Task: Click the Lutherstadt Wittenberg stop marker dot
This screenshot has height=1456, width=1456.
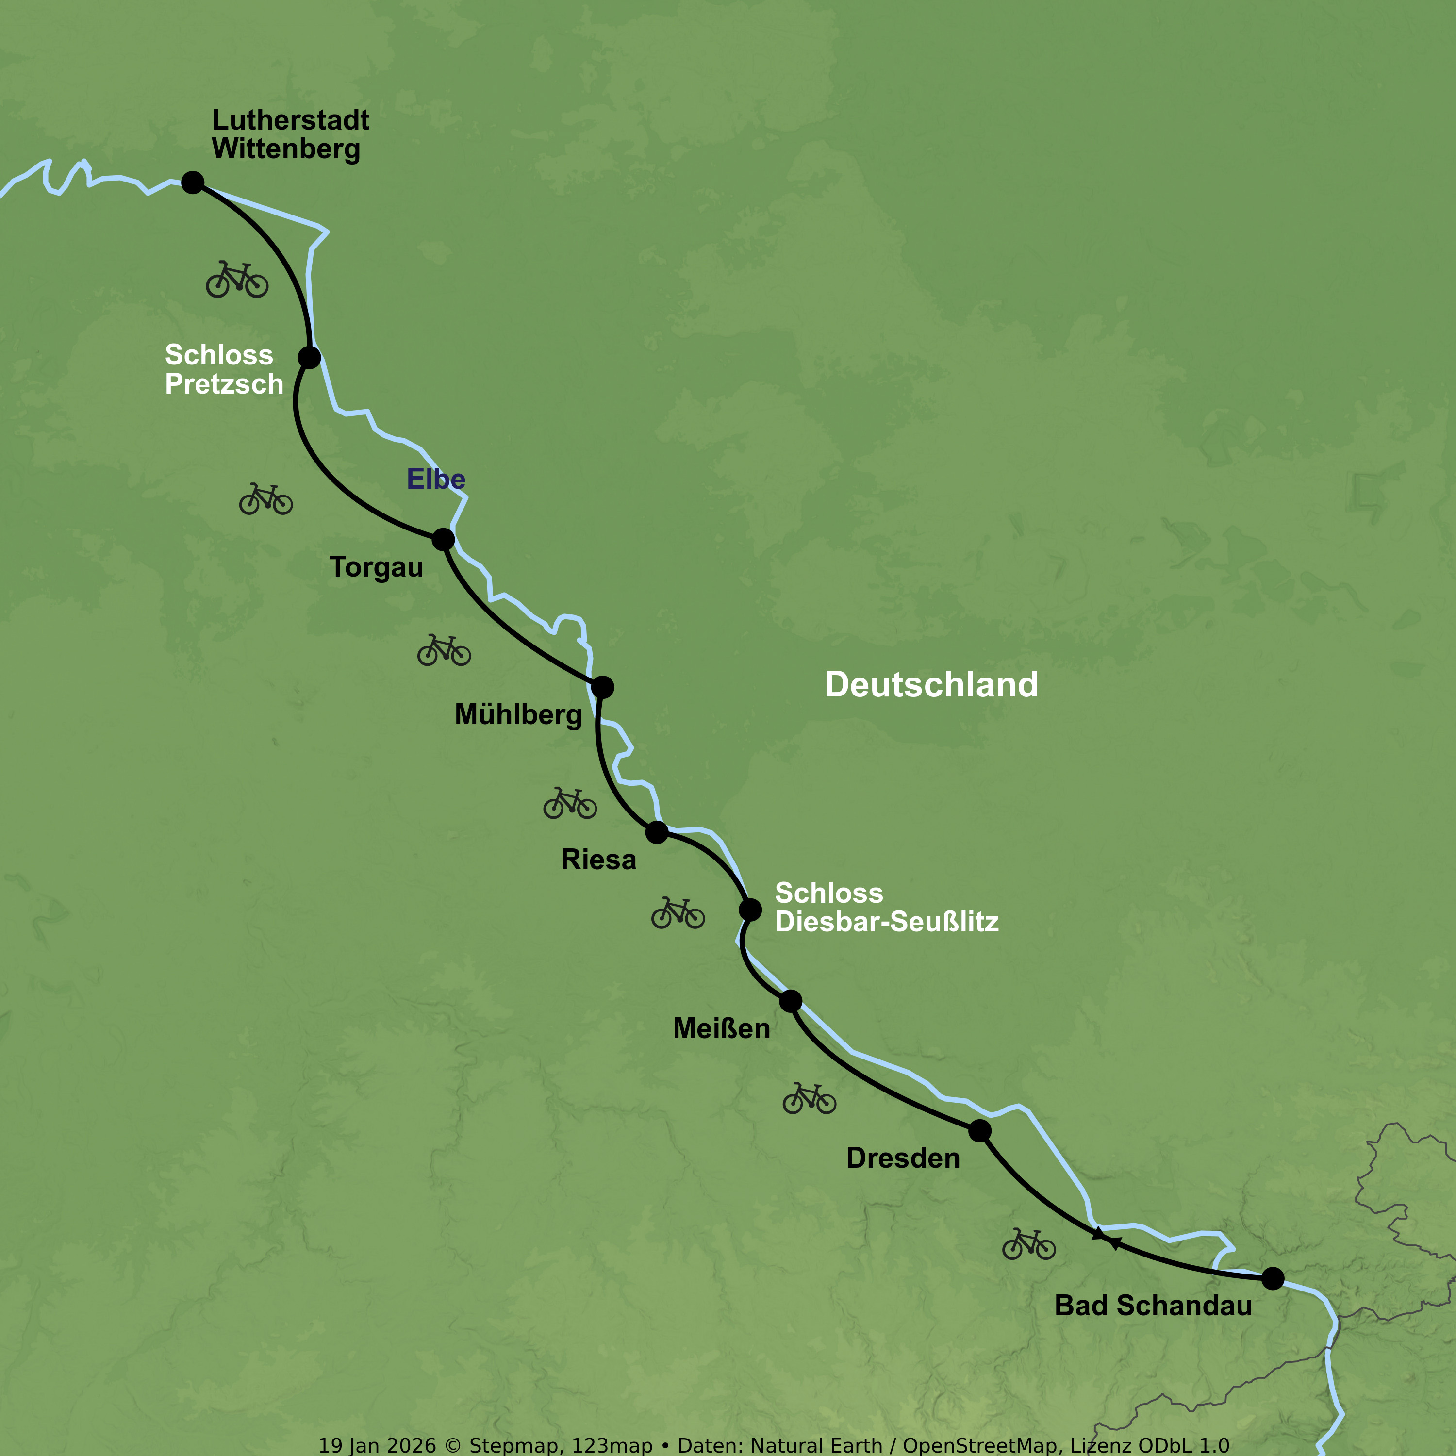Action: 193,182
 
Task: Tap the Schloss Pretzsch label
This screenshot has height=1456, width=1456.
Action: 224,369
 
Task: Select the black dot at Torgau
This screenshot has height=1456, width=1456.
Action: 443,540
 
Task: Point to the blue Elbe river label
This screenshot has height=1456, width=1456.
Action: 436,480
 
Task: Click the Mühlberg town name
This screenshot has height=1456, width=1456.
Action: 518,714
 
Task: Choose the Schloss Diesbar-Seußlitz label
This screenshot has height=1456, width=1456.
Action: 886,908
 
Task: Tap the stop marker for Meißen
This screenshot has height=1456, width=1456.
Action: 791,1002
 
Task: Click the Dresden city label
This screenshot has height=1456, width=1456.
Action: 903,1158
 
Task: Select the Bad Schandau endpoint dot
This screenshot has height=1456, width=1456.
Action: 1273,1278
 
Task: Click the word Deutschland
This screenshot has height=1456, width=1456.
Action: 931,685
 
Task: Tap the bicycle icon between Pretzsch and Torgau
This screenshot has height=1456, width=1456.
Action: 266,500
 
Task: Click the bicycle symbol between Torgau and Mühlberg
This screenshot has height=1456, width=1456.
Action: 444,650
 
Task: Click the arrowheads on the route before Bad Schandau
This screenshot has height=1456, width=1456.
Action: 1107,1238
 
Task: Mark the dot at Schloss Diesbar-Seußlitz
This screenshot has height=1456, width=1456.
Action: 750,910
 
